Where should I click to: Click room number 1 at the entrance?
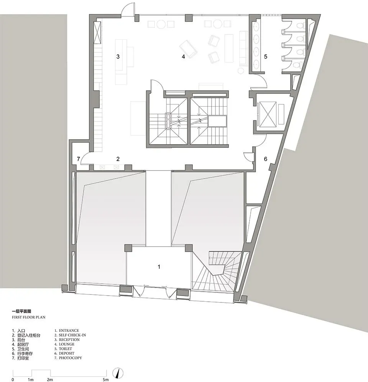pyautogui.click(x=159, y=267)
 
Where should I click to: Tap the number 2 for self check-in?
pyautogui.click(x=118, y=159)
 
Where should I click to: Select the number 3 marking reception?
pyautogui.click(x=118, y=57)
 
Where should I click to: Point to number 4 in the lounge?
pyautogui.click(x=183, y=57)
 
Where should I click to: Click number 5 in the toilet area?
pyautogui.click(x=266, y=57)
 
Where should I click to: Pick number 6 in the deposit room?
pyautogui.click(x=266, y=159)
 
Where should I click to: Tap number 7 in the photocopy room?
pyautogui.click(x=78, y=159)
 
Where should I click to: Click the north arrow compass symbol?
pyautogui.click(x=118, y=373)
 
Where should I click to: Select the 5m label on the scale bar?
pyautogui.click(x=106, y=380)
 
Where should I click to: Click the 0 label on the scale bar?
pyautogui.click(x=13, y=380)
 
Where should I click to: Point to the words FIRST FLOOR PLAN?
pyautogui.click(x=29, y=317)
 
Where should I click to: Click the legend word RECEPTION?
pyautogui.click(x=69, y=340)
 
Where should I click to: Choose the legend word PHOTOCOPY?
pyautogui.click(x=70, y=358)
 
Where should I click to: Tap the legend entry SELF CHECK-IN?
pyautogui.click(x=72, y=335)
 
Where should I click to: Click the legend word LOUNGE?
pyautogui.click(x=67, y=344)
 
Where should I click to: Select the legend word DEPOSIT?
pyautogui.click(x=67, y=353)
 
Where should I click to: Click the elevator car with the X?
pyautogui.click(x=268, y=114)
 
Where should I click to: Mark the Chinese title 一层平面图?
pyautogui.click(x=22, y=311)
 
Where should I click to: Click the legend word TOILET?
pyautogui.click(x=66, y=349)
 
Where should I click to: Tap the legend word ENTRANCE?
pyautogui.click(x=69, y=331)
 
